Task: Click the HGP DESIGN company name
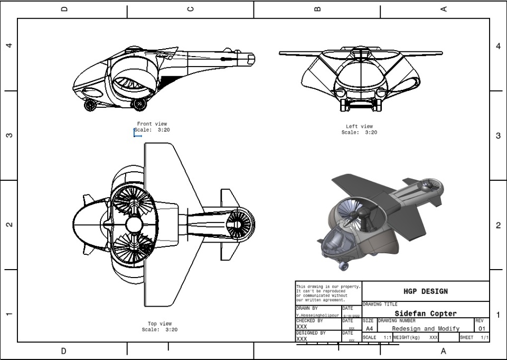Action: pos(425,291)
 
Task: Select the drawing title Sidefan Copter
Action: pos(425,313)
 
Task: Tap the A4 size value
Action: pos(369,329)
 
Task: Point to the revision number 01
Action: pos(482,329)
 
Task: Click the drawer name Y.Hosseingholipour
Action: pos(317,316)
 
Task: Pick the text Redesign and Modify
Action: pos(425,329)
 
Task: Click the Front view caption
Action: pos(152,124)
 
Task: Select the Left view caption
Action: pos(359,127)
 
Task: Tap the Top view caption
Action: pos(159,324)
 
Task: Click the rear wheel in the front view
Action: pos(139,104)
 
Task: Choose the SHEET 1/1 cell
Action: pos(474,337)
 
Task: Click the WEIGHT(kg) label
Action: pos(406,337)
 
